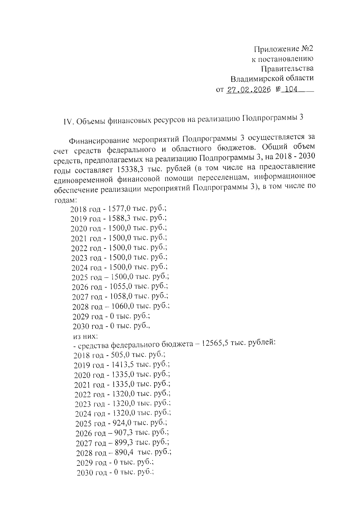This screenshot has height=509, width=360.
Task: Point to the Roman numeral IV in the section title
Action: coord(68,122)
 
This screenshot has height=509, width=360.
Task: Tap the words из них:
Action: coord(84,335)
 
